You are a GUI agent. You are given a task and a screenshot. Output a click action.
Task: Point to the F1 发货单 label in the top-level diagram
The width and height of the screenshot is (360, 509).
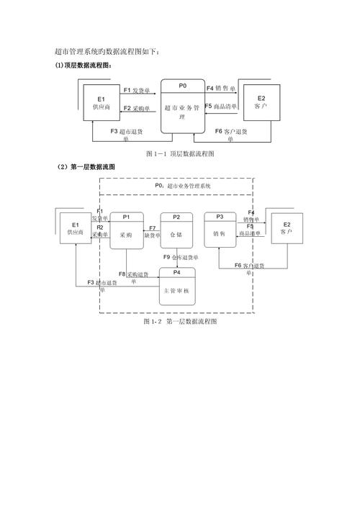click(x=137, y=91)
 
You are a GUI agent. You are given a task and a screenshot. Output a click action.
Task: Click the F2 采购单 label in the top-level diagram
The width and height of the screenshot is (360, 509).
click(x=136, y=109)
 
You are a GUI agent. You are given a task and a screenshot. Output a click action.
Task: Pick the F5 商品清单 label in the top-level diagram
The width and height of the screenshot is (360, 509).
click(x=222, y=107)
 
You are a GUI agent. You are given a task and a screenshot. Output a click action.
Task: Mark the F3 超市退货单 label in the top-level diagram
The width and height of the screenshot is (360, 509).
click(x=126, y=135)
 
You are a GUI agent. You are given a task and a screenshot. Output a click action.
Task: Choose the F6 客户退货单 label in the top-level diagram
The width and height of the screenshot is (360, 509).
click(x=231, y=135)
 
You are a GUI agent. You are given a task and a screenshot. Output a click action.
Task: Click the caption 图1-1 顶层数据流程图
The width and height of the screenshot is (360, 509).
click(x=180, y=154)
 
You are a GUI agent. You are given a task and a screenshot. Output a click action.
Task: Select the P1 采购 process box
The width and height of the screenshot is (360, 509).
click(x=127, y=230)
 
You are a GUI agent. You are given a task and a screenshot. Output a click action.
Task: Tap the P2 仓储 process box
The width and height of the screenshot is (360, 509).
click(x=176, y=230)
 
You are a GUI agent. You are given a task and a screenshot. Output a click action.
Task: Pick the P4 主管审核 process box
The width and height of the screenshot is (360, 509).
click(x=177, y=287)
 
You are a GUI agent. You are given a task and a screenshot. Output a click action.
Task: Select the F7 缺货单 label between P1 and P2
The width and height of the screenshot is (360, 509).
click(x=152, y=232)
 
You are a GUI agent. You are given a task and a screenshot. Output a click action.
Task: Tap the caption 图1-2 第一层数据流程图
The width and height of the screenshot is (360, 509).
click(x=180, y=323)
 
